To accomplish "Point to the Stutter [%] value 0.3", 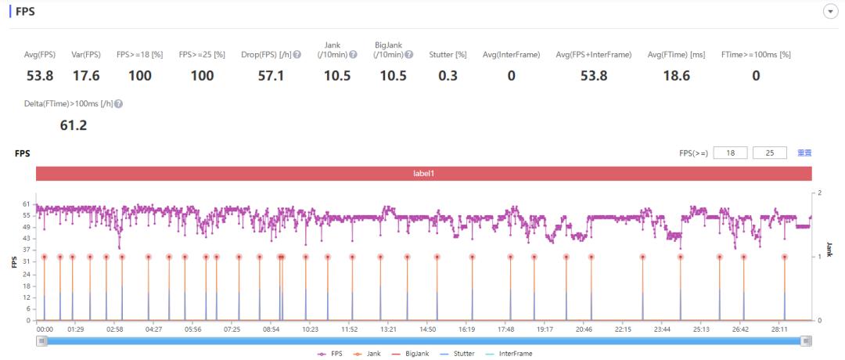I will pos(448,76).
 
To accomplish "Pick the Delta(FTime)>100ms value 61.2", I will pos(74,124).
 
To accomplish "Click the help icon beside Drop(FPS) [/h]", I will pos(297,54).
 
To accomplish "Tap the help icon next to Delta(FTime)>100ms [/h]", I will pos(118,103).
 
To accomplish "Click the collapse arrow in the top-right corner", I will pos(830,13).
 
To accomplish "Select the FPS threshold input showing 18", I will pos(731,153).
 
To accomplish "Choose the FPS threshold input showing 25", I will pos(769,153).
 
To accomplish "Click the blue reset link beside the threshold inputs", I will pos(804,153).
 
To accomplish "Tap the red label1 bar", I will pos(423,173).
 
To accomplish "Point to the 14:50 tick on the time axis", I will pos(428,329).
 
